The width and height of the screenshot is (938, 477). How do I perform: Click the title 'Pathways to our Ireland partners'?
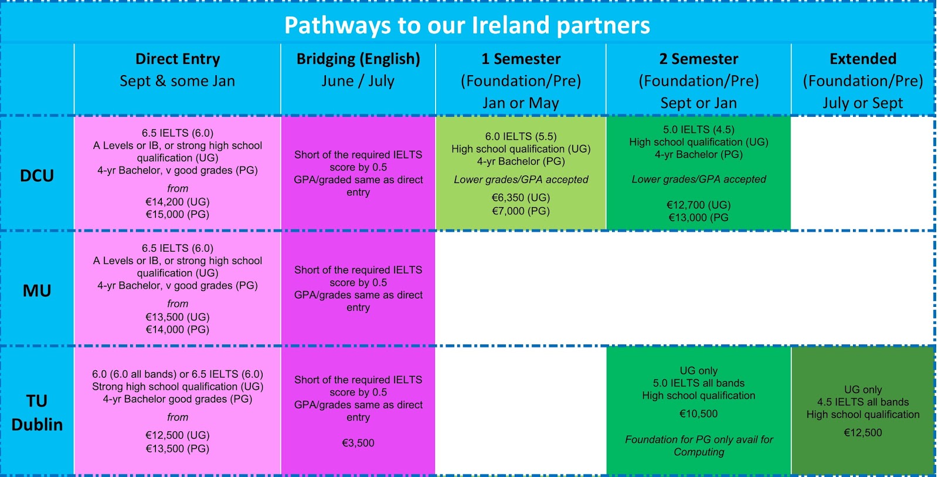point(467,25)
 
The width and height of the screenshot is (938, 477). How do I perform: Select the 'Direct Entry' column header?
point(178,59)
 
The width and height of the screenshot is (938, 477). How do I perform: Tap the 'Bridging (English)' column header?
point(358,59)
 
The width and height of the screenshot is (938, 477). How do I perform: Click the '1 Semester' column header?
point(521,59)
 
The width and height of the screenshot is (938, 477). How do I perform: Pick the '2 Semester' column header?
point(698,59)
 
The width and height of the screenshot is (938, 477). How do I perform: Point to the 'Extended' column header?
point(863,59)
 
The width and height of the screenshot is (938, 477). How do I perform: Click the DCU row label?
point(37,175)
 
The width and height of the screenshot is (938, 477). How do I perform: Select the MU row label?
point(37,290)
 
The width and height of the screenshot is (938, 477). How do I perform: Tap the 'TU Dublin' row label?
point(37,413)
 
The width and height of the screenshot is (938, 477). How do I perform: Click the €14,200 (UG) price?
point(178,202)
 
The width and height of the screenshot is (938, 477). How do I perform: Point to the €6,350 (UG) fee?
point(521,198)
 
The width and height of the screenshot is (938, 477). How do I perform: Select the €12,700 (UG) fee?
point(698,205)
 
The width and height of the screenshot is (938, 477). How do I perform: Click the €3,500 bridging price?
point(358,443)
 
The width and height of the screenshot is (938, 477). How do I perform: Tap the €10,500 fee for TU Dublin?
point(698,414)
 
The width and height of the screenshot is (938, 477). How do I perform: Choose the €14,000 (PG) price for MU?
point(178,330)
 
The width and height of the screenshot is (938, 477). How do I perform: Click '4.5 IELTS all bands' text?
point(863,402)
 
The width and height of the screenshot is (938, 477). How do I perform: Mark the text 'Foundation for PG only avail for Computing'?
point(698,445)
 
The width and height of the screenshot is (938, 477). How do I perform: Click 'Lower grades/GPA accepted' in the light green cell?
point(521,180)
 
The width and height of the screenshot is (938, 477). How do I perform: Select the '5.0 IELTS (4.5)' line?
point(698,130)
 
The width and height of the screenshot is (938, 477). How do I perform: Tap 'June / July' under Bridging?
point(358,81)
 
